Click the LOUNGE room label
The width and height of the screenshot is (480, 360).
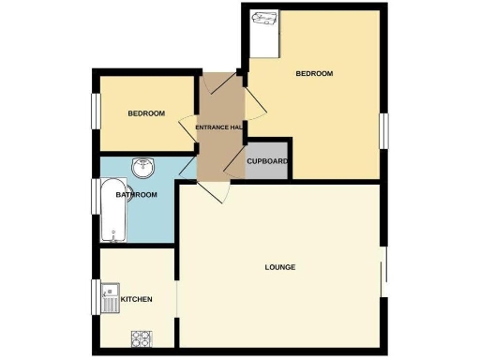(x=280, y=267)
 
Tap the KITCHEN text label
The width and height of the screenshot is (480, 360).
(x=136, y=299)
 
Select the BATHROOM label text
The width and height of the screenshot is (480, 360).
(x=135, y=195)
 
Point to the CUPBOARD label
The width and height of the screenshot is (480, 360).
(x=267, y=161)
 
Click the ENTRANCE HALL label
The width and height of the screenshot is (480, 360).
(x=218, y=127)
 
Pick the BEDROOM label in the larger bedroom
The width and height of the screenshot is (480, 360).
(x=315, y=73)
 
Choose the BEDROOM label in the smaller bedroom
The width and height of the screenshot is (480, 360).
(x=146, y=113)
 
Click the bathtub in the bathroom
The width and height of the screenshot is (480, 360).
(x=112, y=207)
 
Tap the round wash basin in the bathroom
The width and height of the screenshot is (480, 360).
(x=143, y=170)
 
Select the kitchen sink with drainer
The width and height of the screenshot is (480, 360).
(x=110, y=297)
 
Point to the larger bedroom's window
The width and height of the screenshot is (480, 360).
(x=383, y=129)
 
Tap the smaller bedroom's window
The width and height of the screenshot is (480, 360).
(x=94, y=110)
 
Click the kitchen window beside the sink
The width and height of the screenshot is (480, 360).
(x=94, y=299)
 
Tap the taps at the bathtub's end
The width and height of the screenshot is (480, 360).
(x=112, y=233)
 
